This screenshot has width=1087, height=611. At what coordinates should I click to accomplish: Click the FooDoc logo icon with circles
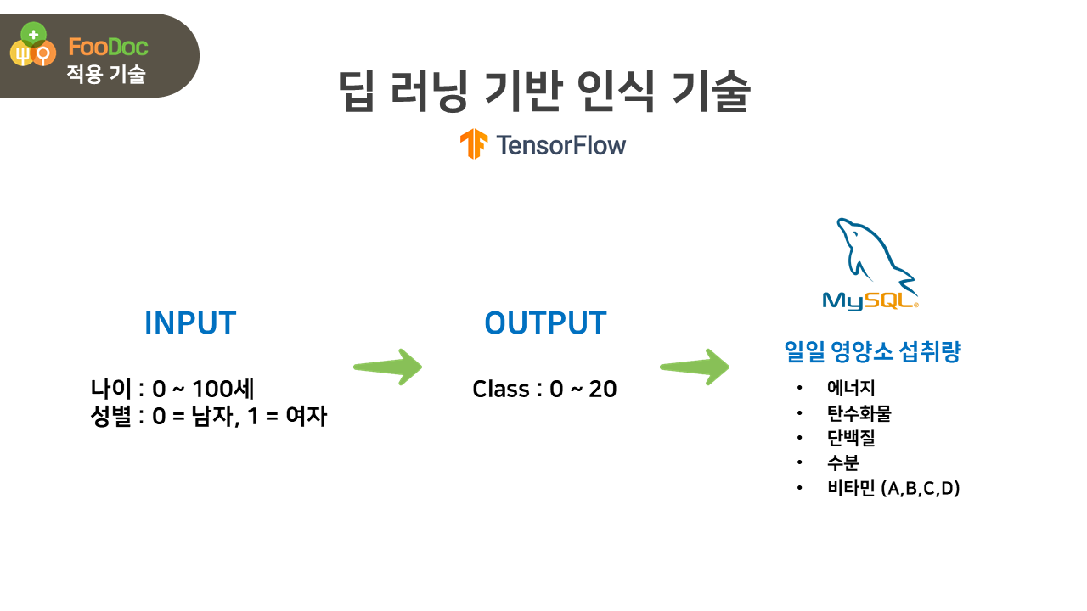(32, 48)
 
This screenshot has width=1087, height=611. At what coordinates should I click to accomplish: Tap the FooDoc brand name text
(108, 48)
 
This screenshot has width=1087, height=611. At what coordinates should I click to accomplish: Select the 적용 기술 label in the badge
(106, 75)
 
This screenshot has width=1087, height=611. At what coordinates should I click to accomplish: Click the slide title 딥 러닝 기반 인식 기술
(543, 92)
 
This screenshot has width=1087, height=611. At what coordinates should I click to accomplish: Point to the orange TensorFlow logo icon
(474, 144)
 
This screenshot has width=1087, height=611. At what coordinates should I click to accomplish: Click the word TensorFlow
(561, 145)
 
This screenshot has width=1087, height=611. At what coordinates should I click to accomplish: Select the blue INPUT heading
(190, 323)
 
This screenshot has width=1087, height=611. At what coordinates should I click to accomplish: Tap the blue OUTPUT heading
(545, 323)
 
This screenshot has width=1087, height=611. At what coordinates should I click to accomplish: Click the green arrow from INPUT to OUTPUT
(388, 367)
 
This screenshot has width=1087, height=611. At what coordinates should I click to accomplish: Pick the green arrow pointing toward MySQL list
(695, 367)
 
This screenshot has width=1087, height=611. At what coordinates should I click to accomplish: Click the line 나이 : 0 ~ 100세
(172, 390)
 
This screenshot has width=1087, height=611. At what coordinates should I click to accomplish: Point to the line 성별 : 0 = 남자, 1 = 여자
(209, 417)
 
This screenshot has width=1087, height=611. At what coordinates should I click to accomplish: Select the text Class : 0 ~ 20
(544, 390)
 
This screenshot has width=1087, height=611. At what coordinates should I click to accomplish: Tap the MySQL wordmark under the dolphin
(870, 300)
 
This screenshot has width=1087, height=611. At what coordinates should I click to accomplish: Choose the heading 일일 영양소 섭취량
(873, 352)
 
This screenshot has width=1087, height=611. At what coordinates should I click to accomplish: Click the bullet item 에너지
(851, 389)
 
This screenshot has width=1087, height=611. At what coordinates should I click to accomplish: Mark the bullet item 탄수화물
(859, 413)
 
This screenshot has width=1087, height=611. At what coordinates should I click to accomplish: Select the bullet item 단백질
(851, 438)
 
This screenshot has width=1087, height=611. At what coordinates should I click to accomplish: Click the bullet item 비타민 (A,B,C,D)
(893, 488)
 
